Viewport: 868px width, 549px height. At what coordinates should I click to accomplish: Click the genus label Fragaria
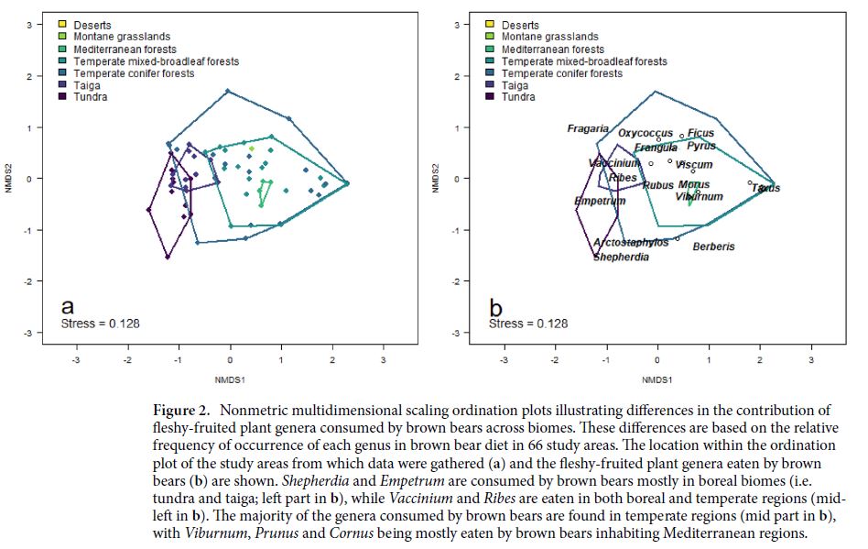click(588, 129)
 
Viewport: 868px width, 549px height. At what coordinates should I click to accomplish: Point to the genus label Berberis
click(714, 247)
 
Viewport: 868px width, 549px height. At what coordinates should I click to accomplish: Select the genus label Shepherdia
click(621, 258)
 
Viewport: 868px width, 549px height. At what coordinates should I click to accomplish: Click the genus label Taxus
click(765, 188)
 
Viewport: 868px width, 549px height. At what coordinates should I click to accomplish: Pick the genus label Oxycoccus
click(646, 134)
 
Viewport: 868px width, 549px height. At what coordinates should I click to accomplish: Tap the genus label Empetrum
click(600, 201)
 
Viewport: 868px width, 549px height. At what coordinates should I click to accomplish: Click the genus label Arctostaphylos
click(631, 243)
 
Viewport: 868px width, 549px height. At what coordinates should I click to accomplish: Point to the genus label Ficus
click(700, 134)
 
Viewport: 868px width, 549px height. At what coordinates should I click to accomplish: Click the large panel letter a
click(68, 307)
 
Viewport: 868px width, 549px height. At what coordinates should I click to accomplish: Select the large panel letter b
click(496, 307)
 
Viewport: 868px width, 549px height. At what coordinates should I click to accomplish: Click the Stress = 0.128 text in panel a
click(100, 324)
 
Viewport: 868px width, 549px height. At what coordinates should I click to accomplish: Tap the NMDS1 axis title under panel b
click(657, 379)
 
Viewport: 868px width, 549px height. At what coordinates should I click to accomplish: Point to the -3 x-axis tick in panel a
click(76, 359)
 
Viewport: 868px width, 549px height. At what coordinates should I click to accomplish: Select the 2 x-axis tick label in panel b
click(760, 359)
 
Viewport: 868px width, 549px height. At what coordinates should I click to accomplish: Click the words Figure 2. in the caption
click(179, 410)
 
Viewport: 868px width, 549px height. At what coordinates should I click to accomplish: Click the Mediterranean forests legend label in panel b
click(553, 49)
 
